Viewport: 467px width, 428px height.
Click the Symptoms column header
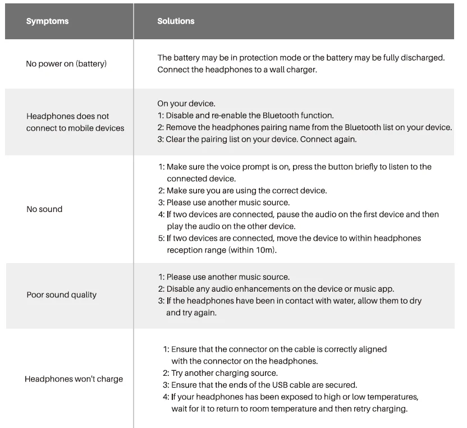click(x=47, y=21)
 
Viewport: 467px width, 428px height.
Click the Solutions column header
click(x=176, y=21)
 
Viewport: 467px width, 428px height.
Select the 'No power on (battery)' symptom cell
click(x=66, y=64)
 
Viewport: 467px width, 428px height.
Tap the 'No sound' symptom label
click(x=44, y=209)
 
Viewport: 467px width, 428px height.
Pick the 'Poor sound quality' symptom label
click(x=62, y=295)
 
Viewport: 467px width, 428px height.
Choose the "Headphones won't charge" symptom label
click(x=74, y=379)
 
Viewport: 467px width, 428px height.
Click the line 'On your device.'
click(x=186, y=104)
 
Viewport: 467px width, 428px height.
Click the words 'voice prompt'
click(x=236, y=167)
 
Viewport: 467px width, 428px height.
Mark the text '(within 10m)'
click(x=252, y=250)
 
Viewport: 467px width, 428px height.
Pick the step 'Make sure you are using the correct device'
click(x=246, y=191)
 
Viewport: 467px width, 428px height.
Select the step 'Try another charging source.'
click(x=224, y=373)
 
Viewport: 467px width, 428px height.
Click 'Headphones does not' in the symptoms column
click(x=68, y=117)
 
